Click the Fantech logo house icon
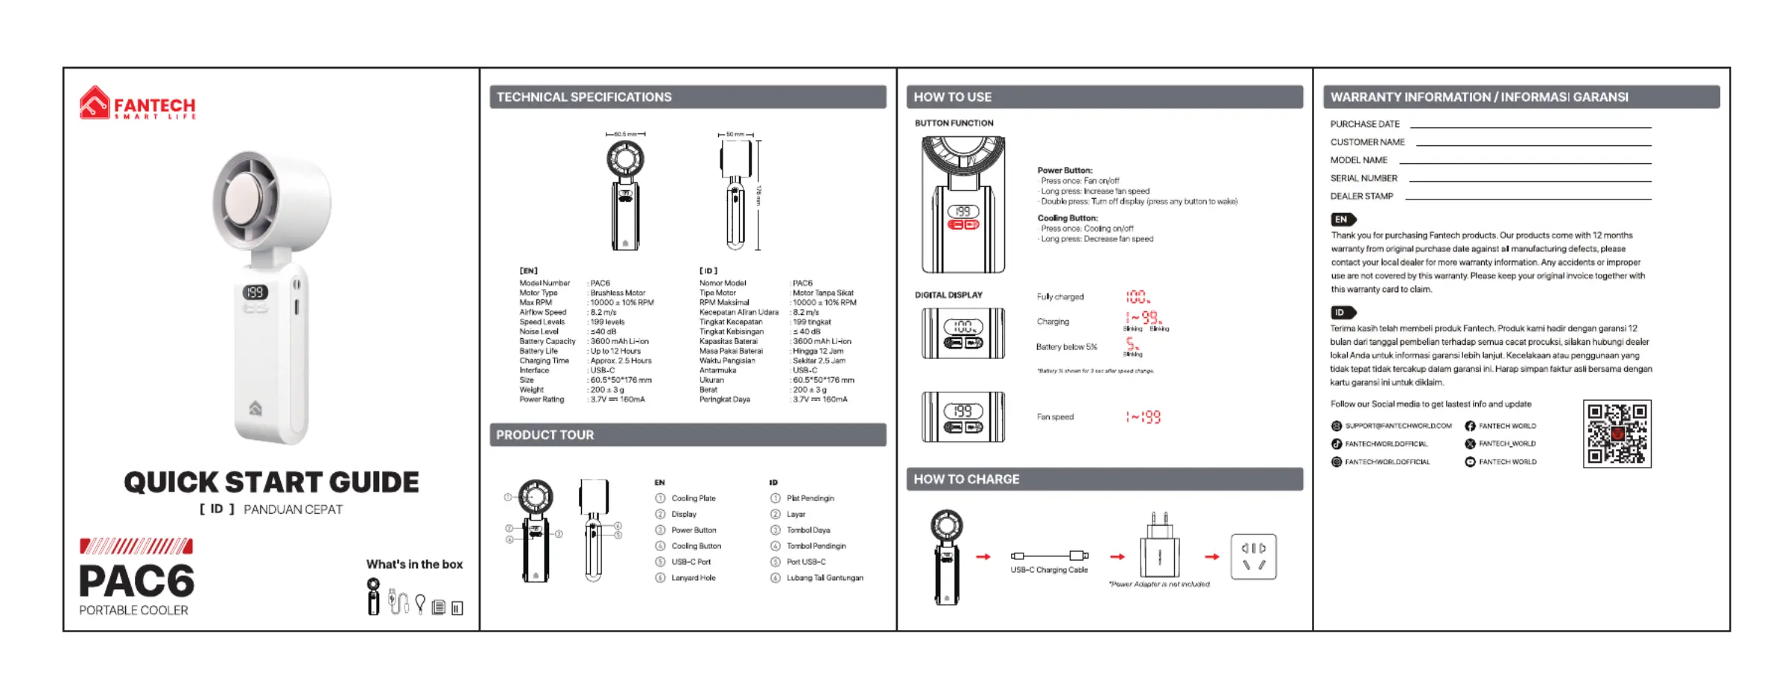(x=95, y=103)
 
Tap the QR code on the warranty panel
(x=1617, y=433)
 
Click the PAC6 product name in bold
(x=136, y=581)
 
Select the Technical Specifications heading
(x=584, y=97)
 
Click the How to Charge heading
(x=966, y=479)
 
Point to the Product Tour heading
(x=545, y=435)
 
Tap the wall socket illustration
(x=1253, y=556)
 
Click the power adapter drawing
(x=1159, y=551)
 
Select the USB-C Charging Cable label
(x=1049, y=570)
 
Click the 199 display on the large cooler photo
(x=255, y=293)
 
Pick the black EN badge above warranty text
(x=1342, y=220)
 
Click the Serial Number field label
(x=1363, y=178)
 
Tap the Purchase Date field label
(x=1365, y=124)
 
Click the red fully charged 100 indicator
(x=1137, y=297)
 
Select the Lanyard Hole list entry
(x=693, y=578)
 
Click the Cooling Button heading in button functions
(x=1067, y=218)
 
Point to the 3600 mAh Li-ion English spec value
(x=619, y=341)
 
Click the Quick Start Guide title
(x=271, y=482)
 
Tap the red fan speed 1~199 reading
(x=1143, y=417)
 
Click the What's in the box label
(x=414, y=565)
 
